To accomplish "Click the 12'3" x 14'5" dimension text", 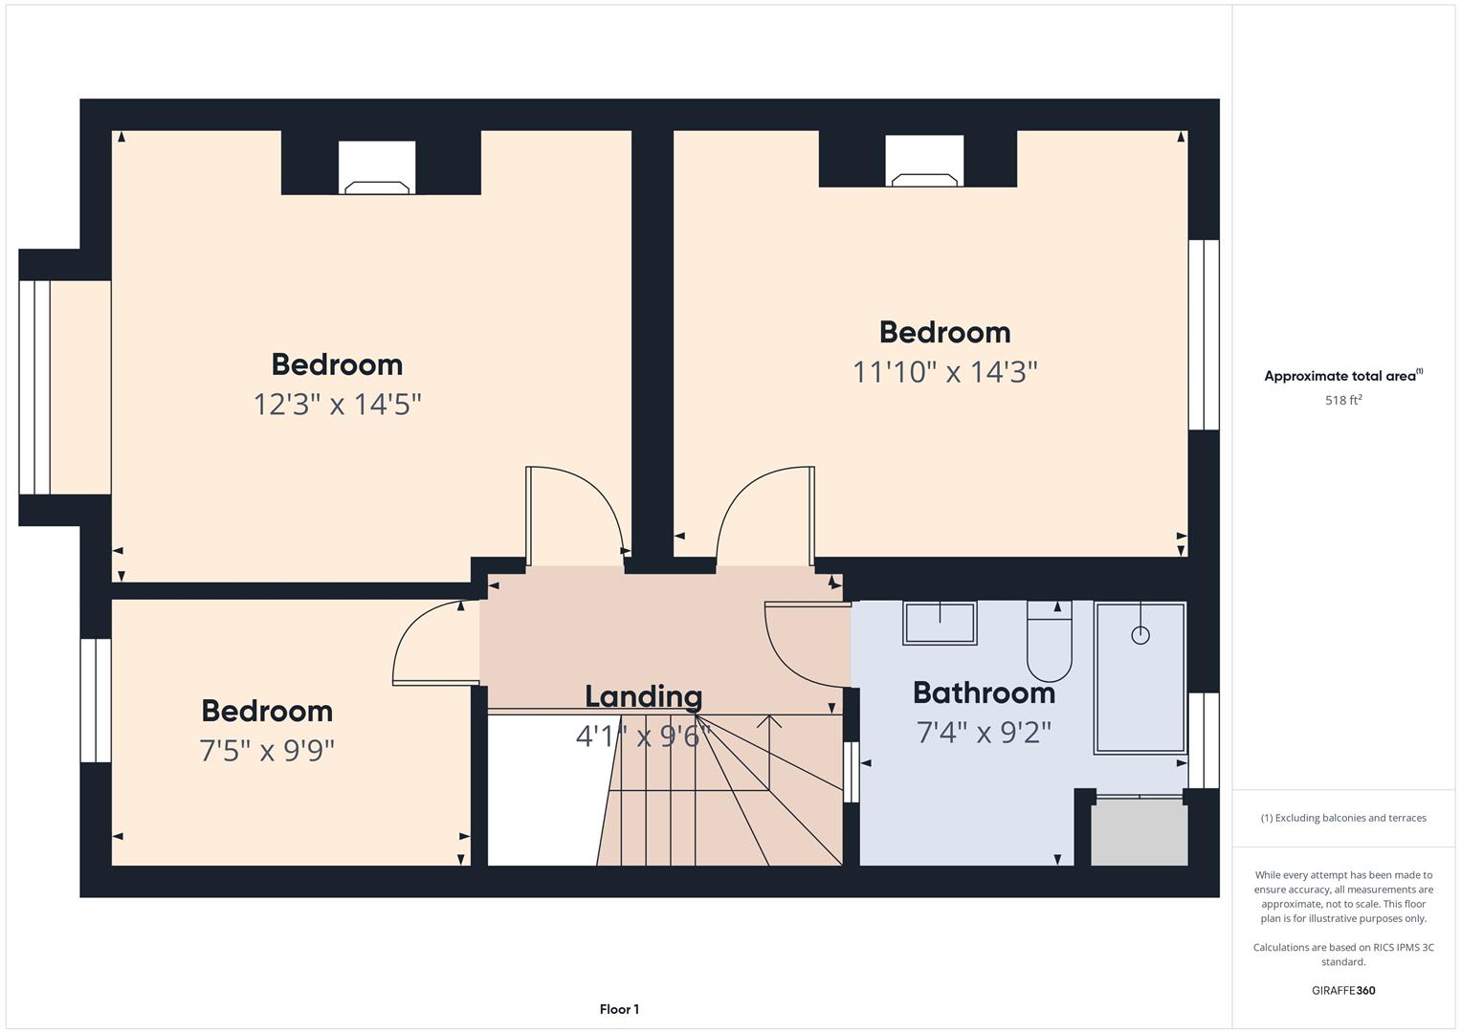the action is (x=337, y=405).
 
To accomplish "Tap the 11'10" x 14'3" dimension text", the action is (x=945, y=372).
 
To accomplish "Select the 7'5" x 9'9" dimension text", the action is (x=267, y=751).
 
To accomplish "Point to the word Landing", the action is (x=644, y=697).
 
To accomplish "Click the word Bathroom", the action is (x=985, y=692).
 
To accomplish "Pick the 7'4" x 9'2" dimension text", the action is (x=985, y=733).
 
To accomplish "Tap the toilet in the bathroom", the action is (x=1050, y=642).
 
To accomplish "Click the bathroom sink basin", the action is (x=940, y=624).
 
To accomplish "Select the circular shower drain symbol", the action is (x=1140, y=635).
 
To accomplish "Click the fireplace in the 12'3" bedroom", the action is (x=377, y=167).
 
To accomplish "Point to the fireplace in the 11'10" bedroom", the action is (x=924, y=161).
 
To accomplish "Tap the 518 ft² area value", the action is (x=1343, y=400).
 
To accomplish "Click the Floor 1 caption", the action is (x=620, y=1009).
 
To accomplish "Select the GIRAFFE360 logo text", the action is (x=1343, y=990).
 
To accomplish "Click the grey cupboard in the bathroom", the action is (x=1140, y=832).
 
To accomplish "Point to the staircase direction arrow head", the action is (x=769, y=721).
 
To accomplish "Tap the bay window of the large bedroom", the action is (x=34, y=387).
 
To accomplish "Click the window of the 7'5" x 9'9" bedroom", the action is (x=96, y=700).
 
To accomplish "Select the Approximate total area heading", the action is (x=1343, y=375).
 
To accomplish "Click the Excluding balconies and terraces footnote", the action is (x=1343, y=818).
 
